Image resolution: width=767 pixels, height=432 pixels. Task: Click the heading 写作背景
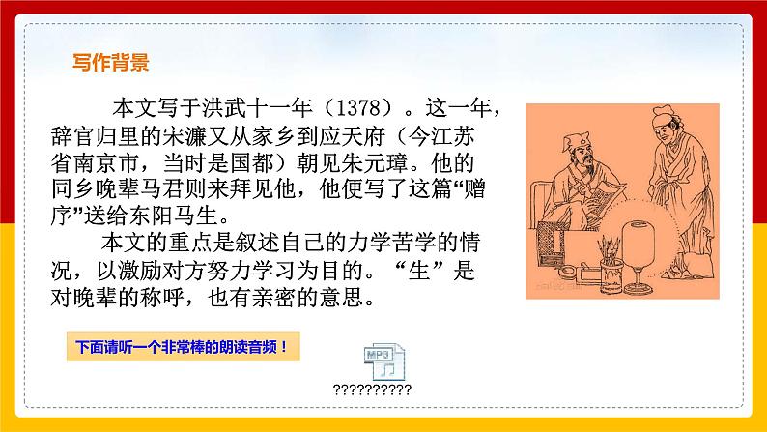click(x=111, y=64)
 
